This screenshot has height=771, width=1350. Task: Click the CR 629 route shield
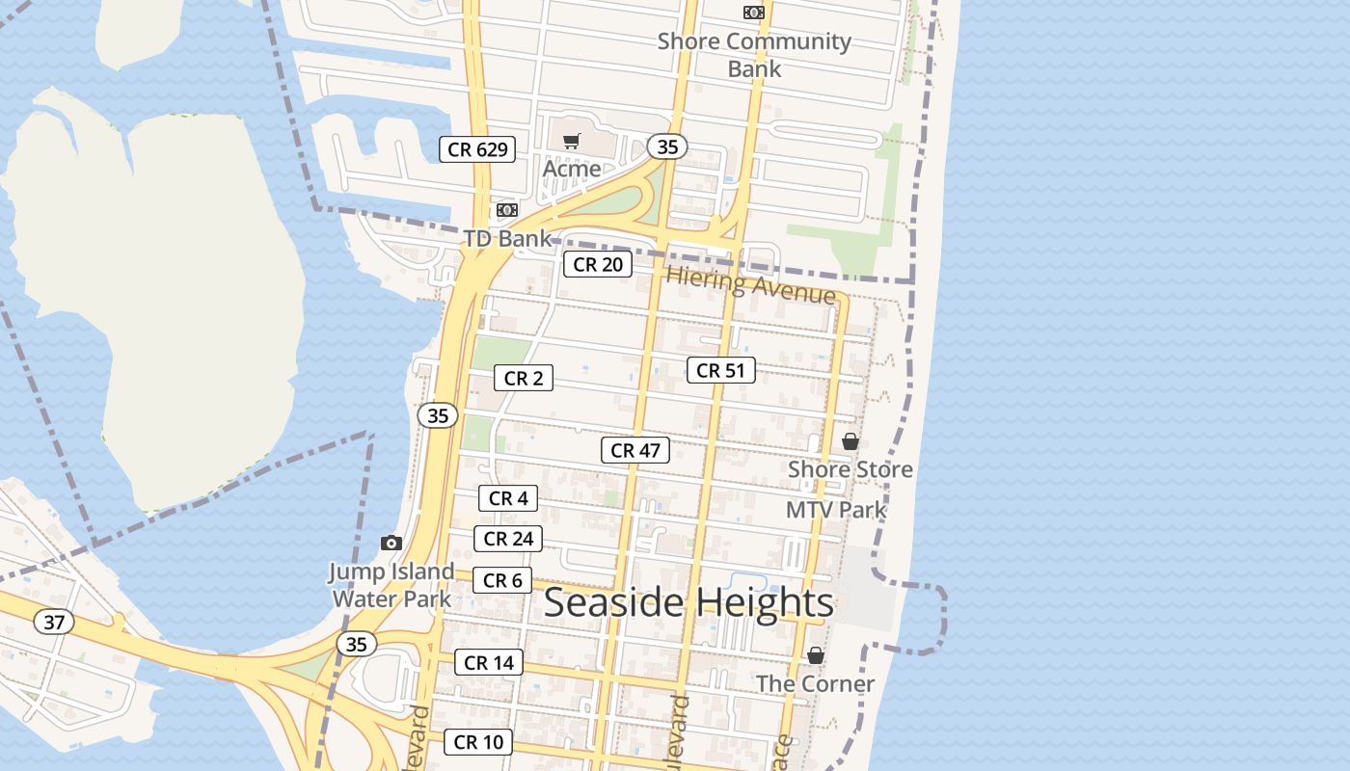point(477,149)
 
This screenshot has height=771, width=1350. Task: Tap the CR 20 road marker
point(598,264)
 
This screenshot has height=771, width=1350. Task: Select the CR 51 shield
point(720,370)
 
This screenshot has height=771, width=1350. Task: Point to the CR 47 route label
point(635,450)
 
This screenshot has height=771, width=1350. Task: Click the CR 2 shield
point(524,379)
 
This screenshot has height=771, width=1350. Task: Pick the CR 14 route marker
point(489,662)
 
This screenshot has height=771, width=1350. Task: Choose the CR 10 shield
point(478,742)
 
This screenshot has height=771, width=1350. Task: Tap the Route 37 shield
point(54,623)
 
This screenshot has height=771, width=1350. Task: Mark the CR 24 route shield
point(508,539)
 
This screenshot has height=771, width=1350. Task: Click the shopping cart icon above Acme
point(572,142)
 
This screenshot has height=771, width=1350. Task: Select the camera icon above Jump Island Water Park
point(391,544)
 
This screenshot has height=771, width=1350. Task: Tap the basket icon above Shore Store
point(850,441)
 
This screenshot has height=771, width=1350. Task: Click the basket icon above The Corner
point(816,655)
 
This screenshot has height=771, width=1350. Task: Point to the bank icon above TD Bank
point(507,210)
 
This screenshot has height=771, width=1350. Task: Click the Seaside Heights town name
point(688,603)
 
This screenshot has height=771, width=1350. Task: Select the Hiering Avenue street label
point(750,286)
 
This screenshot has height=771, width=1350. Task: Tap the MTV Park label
point(836,510)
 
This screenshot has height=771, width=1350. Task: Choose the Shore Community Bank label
point(754,55)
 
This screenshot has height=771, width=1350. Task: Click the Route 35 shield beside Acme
point(667,147)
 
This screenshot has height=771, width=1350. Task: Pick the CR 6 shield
point(502,580)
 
